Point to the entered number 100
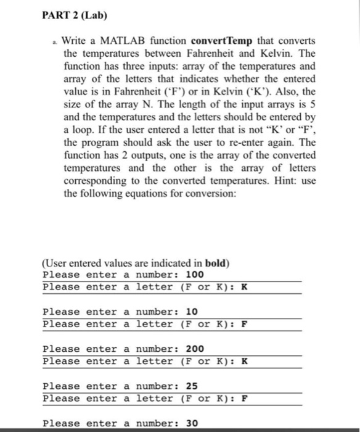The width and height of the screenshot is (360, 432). (x=195, y=275)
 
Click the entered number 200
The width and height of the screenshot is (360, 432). (x=195, y=349)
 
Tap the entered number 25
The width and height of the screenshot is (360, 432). (x=192, y=386)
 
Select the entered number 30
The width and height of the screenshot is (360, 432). (x=192, y=423)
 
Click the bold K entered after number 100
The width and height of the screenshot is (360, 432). (x=245, y=287)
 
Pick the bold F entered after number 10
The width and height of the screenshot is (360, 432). (x=245, y=324)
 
